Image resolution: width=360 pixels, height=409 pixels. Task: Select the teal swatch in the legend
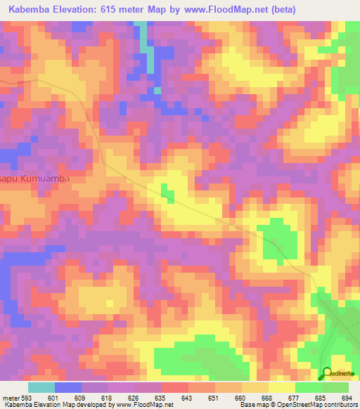click(41, 387)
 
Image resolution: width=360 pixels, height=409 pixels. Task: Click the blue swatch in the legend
click(68, 387)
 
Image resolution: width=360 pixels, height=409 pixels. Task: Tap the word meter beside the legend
click(11, 397)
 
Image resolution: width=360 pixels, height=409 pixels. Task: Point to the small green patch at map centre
click(167, 192)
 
